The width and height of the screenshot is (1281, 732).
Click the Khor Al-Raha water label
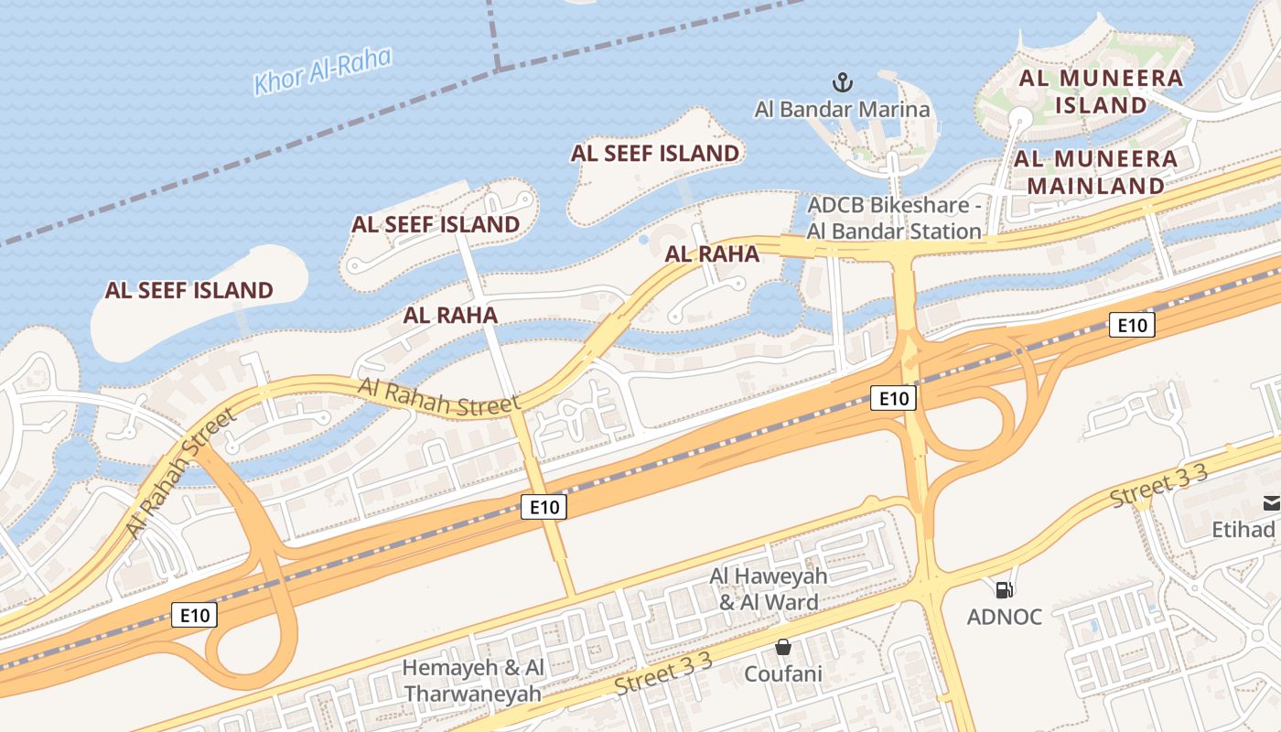323,71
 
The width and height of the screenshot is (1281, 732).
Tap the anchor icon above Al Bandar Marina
842,82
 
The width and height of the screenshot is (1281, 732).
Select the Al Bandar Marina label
842,110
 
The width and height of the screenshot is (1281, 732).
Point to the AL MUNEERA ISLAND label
1102,91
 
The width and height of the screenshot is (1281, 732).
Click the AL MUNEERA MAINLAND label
1096,172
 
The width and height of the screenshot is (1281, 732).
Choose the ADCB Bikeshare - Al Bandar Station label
894,218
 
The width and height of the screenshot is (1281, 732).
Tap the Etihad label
1243,530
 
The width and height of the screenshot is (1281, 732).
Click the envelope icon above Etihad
1272,502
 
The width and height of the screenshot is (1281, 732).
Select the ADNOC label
1005,617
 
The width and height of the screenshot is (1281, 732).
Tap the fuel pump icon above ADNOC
1005,590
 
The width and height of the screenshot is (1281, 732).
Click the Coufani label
783,674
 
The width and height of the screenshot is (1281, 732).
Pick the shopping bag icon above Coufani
783,648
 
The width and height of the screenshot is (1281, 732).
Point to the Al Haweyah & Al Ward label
769,589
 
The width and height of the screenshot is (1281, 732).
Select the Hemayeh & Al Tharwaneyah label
474,681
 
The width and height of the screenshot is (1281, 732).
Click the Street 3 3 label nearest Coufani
662,677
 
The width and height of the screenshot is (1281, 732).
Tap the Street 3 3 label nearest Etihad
1159,487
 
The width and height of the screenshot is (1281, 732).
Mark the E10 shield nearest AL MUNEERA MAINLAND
1132,325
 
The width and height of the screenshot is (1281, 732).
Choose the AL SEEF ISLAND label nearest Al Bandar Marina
655,153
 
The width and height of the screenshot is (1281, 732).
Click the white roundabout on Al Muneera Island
1019,117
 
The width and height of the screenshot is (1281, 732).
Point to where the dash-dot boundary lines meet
498,68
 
